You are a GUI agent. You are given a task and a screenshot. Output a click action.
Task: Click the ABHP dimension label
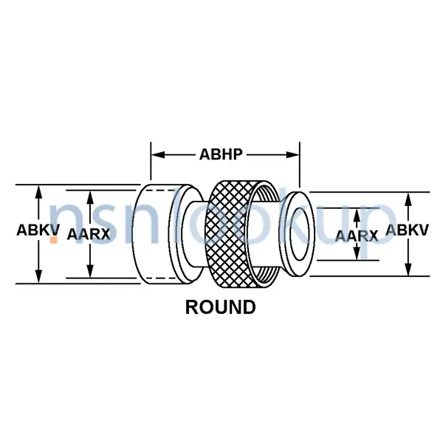point(221,154)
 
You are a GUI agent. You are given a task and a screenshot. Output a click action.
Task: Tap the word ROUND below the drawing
point(220,307)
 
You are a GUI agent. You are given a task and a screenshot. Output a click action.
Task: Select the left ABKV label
point(38,230)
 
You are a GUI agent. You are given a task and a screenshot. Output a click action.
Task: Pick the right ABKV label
point(407,230)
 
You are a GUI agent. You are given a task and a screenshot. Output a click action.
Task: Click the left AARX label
point(89,235)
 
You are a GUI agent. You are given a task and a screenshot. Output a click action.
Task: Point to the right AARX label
point(357,236)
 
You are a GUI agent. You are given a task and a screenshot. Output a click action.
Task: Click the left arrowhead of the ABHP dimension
point(158,155)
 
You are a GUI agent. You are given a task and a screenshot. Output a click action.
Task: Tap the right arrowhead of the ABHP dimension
point(292,155)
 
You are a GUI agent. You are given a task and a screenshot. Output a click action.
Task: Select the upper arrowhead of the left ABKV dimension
point(38,192)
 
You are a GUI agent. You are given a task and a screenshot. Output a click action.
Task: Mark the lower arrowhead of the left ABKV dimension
point(38,277)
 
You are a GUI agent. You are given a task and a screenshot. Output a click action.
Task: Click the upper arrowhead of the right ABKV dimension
point(408,199)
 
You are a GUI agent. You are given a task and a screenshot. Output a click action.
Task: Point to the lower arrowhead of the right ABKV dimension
point(408,269)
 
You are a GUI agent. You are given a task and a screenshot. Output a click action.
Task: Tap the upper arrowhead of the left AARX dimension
point(90,197)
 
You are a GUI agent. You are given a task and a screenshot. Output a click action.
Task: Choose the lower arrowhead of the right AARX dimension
point(357,253)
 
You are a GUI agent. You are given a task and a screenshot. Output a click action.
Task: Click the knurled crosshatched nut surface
point(227,234)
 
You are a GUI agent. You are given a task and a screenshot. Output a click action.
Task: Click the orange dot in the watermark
point(54,239)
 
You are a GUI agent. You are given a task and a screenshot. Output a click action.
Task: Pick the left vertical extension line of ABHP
point(151,161)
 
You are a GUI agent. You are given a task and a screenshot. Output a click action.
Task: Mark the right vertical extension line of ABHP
point(300,165)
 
